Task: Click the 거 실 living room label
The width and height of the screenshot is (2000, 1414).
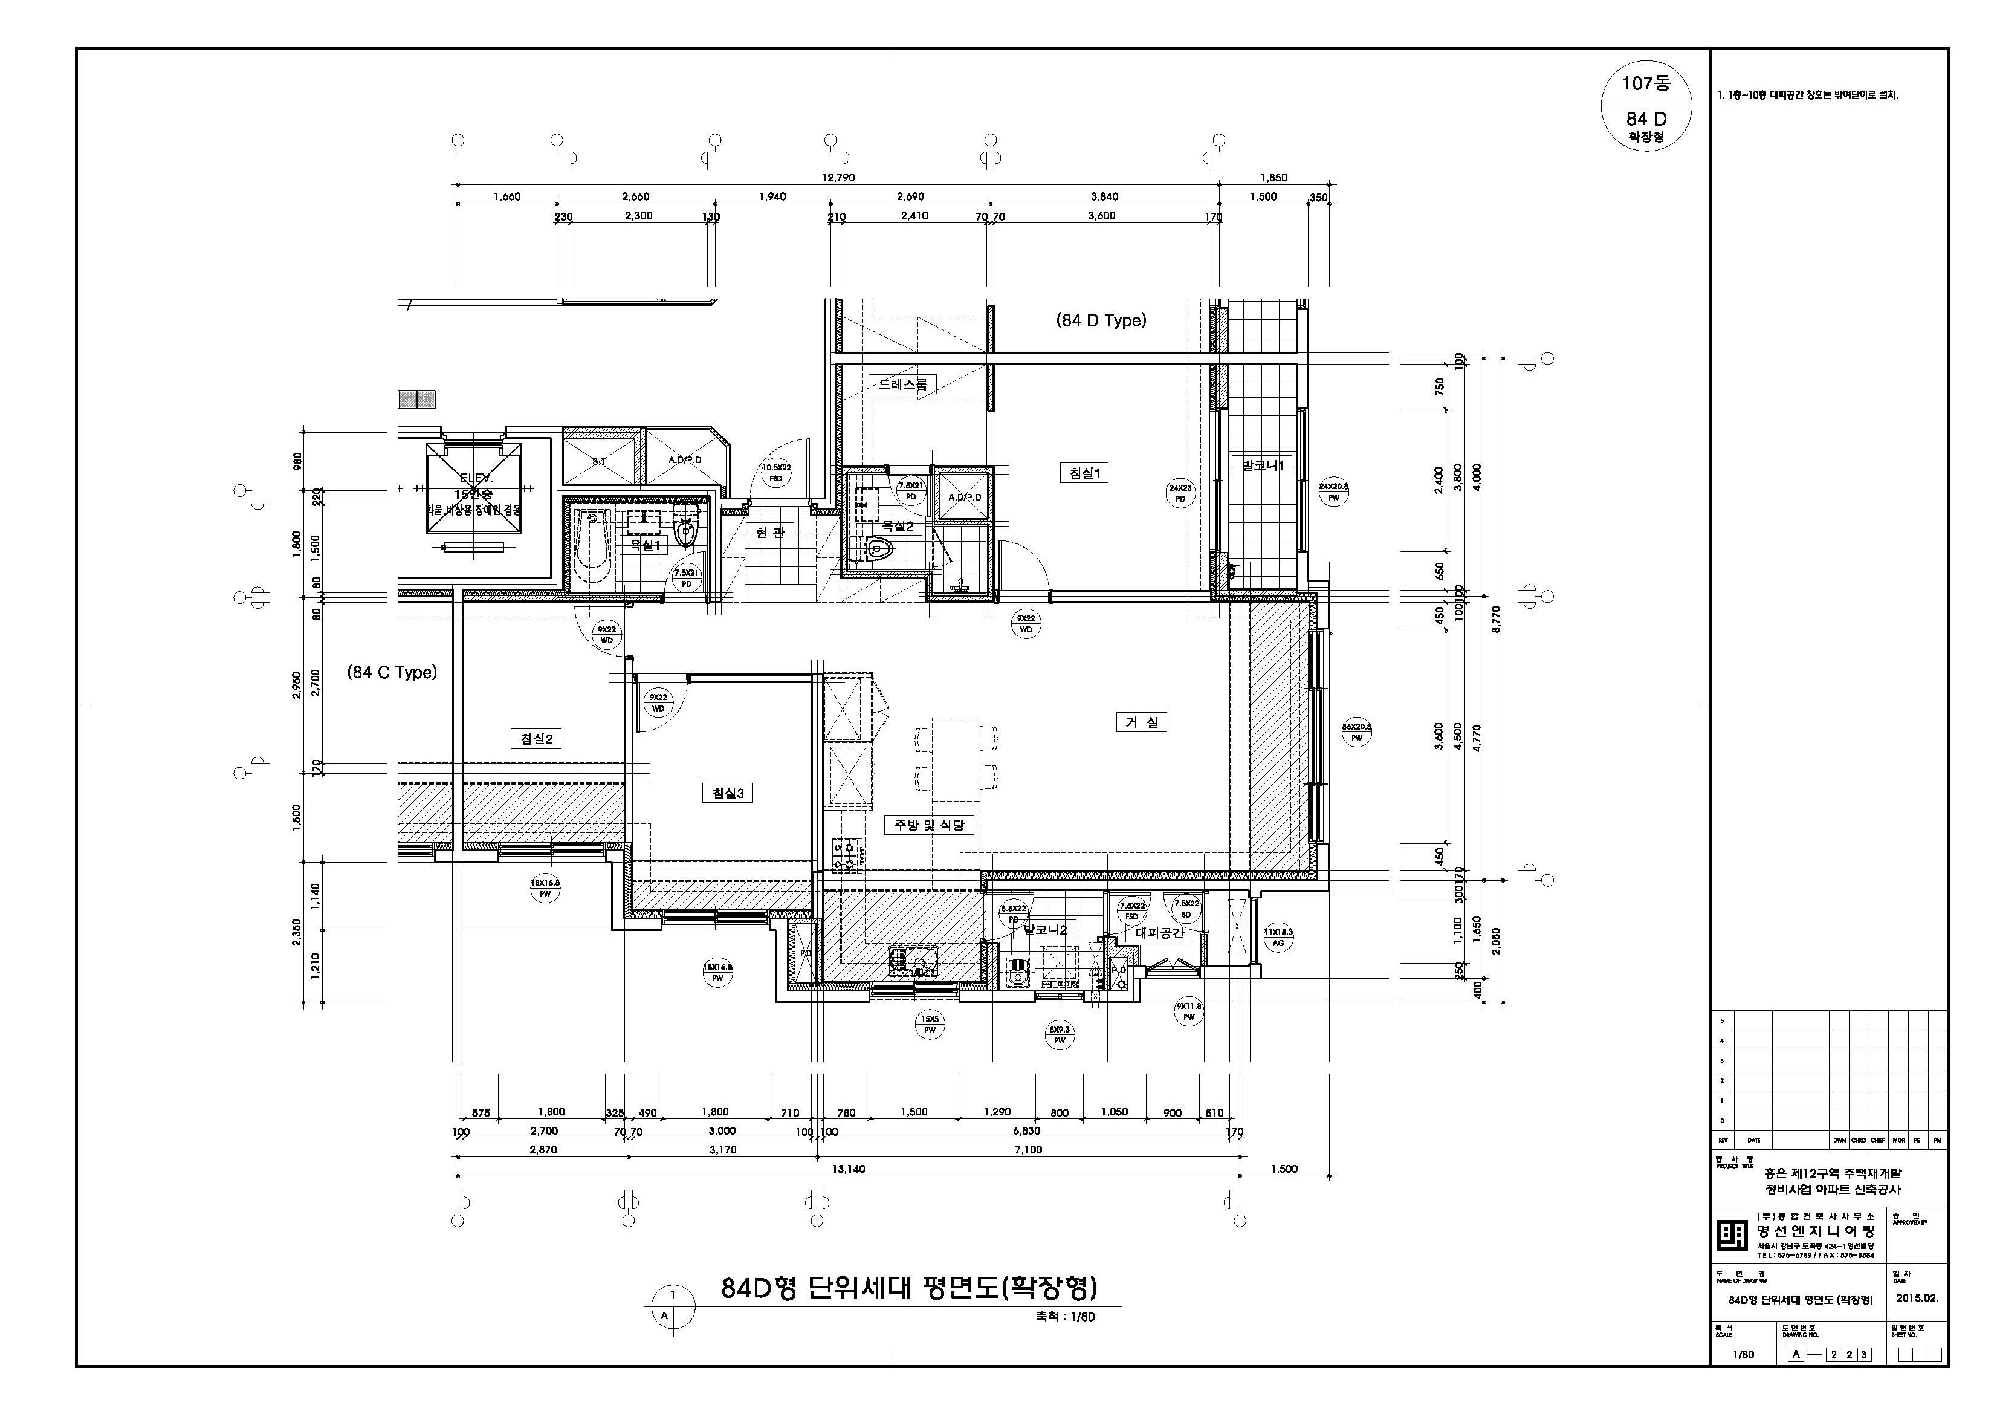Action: pos(1141,722)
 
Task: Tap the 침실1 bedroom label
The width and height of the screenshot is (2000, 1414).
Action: pos(1084,473)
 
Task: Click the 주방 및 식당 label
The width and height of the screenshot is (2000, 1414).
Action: pos(930,824)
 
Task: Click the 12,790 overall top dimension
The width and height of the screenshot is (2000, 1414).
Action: pos(838,178)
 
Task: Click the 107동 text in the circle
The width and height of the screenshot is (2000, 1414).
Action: pos(1645,83)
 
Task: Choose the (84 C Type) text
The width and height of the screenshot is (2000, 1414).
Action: pos(392,673)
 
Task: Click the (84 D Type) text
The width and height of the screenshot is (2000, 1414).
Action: pos(1101,320)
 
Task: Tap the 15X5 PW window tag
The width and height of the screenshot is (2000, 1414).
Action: pos(930,1025)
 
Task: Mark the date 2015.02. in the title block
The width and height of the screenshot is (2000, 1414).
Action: pos(1917,1298)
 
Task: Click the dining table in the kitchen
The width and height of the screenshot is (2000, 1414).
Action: pos(956,759)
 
